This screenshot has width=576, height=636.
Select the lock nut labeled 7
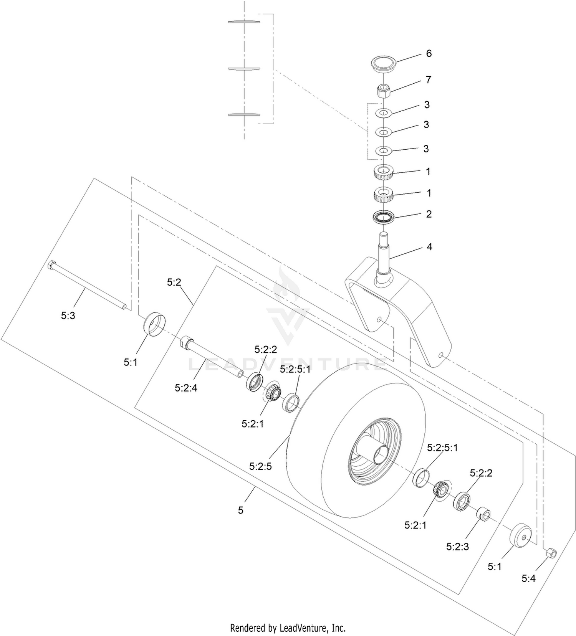click(383, 92)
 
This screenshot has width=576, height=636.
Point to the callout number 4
click(429, 247)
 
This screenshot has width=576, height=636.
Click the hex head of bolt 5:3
click(52, 266)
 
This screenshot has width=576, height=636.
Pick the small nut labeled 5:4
click(550, 553)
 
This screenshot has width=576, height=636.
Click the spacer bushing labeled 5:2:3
click(483, 514)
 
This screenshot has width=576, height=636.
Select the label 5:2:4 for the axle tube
click(186, 388)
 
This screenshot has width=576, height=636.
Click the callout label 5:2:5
click(260, 466)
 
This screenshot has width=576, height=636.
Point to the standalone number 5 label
click(241, 510)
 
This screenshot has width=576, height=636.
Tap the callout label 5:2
click(174, 282)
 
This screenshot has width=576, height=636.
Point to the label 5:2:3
click(457, 547)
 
